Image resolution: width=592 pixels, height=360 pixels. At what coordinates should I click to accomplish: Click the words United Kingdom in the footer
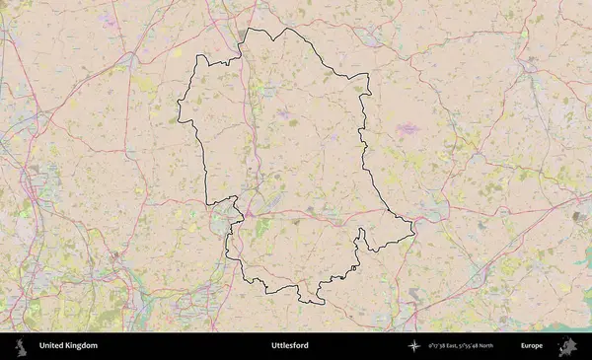68,346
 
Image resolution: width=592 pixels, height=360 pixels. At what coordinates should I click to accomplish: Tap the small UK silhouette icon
20,346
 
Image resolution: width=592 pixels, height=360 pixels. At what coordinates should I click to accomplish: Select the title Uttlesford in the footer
290,346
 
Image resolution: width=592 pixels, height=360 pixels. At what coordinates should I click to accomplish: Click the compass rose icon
413,346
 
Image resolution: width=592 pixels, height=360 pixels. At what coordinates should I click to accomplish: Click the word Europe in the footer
532,346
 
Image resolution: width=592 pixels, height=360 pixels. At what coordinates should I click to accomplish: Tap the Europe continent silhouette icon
567,346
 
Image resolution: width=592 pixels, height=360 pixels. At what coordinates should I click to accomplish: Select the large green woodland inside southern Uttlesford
261,228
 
